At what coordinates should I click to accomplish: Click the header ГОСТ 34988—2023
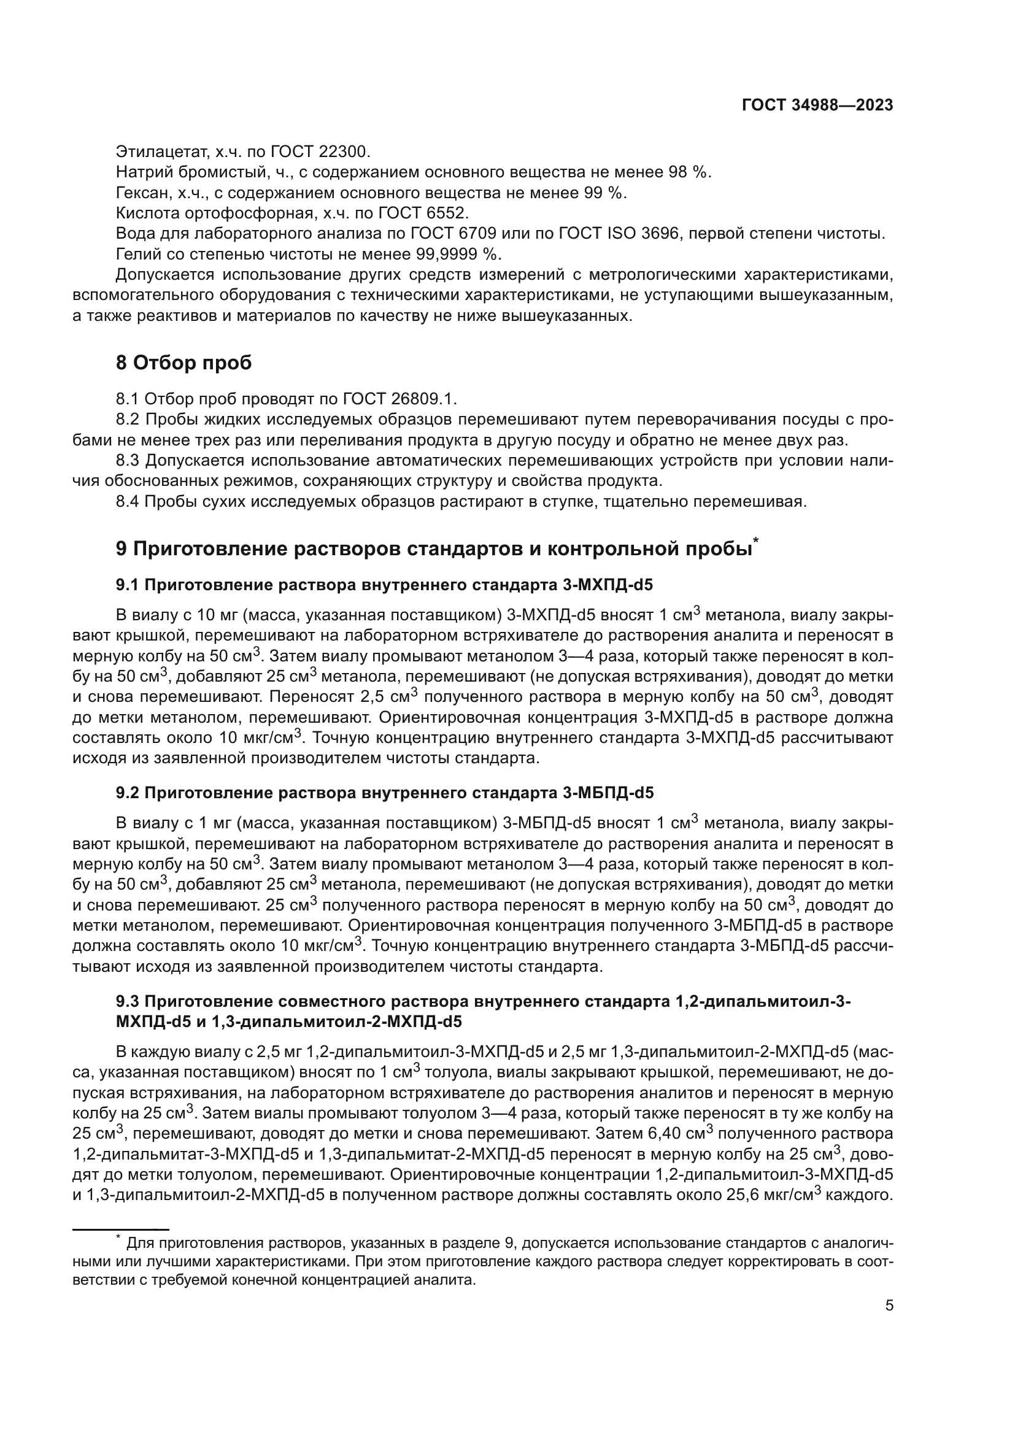(817, 105)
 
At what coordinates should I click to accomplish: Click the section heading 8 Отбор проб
(183, 363)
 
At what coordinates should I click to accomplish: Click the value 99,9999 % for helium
(458, 255)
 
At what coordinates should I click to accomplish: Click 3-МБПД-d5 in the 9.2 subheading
(608, 793)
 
